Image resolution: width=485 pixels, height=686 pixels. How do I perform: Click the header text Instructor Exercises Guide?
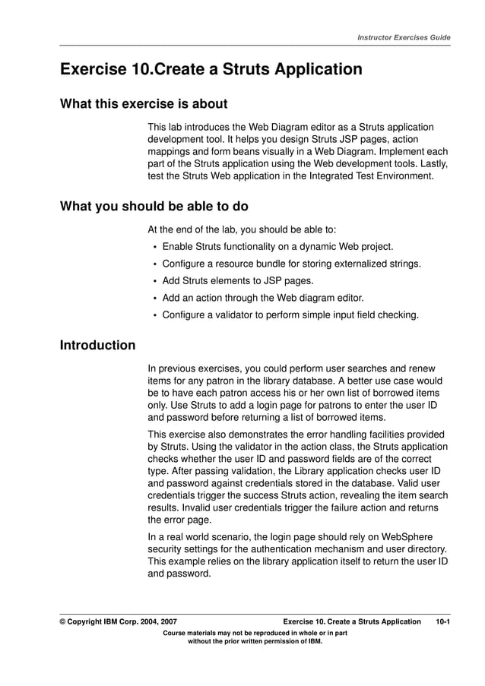tap(404, 37)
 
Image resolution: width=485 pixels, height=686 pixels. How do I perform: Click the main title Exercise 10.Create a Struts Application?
tap(211, 70)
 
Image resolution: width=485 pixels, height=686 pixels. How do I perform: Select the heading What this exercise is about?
tap(144, 104)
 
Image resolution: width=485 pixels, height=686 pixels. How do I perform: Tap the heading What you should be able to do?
tap(154, 206)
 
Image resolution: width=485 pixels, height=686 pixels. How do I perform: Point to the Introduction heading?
tap(97, 346)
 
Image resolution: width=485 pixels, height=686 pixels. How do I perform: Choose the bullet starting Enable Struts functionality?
tap(277, 247)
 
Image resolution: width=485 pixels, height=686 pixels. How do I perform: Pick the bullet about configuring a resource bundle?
tap(291, 264)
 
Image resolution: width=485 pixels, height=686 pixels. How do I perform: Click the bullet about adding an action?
tap(263, 297)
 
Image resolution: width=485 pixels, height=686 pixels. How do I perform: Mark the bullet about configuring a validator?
tap(290, 314)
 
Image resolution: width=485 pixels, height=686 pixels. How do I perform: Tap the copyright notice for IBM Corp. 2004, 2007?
tap(119, 621)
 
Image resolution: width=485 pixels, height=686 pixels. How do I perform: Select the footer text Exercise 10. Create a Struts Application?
tap(350, 621)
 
